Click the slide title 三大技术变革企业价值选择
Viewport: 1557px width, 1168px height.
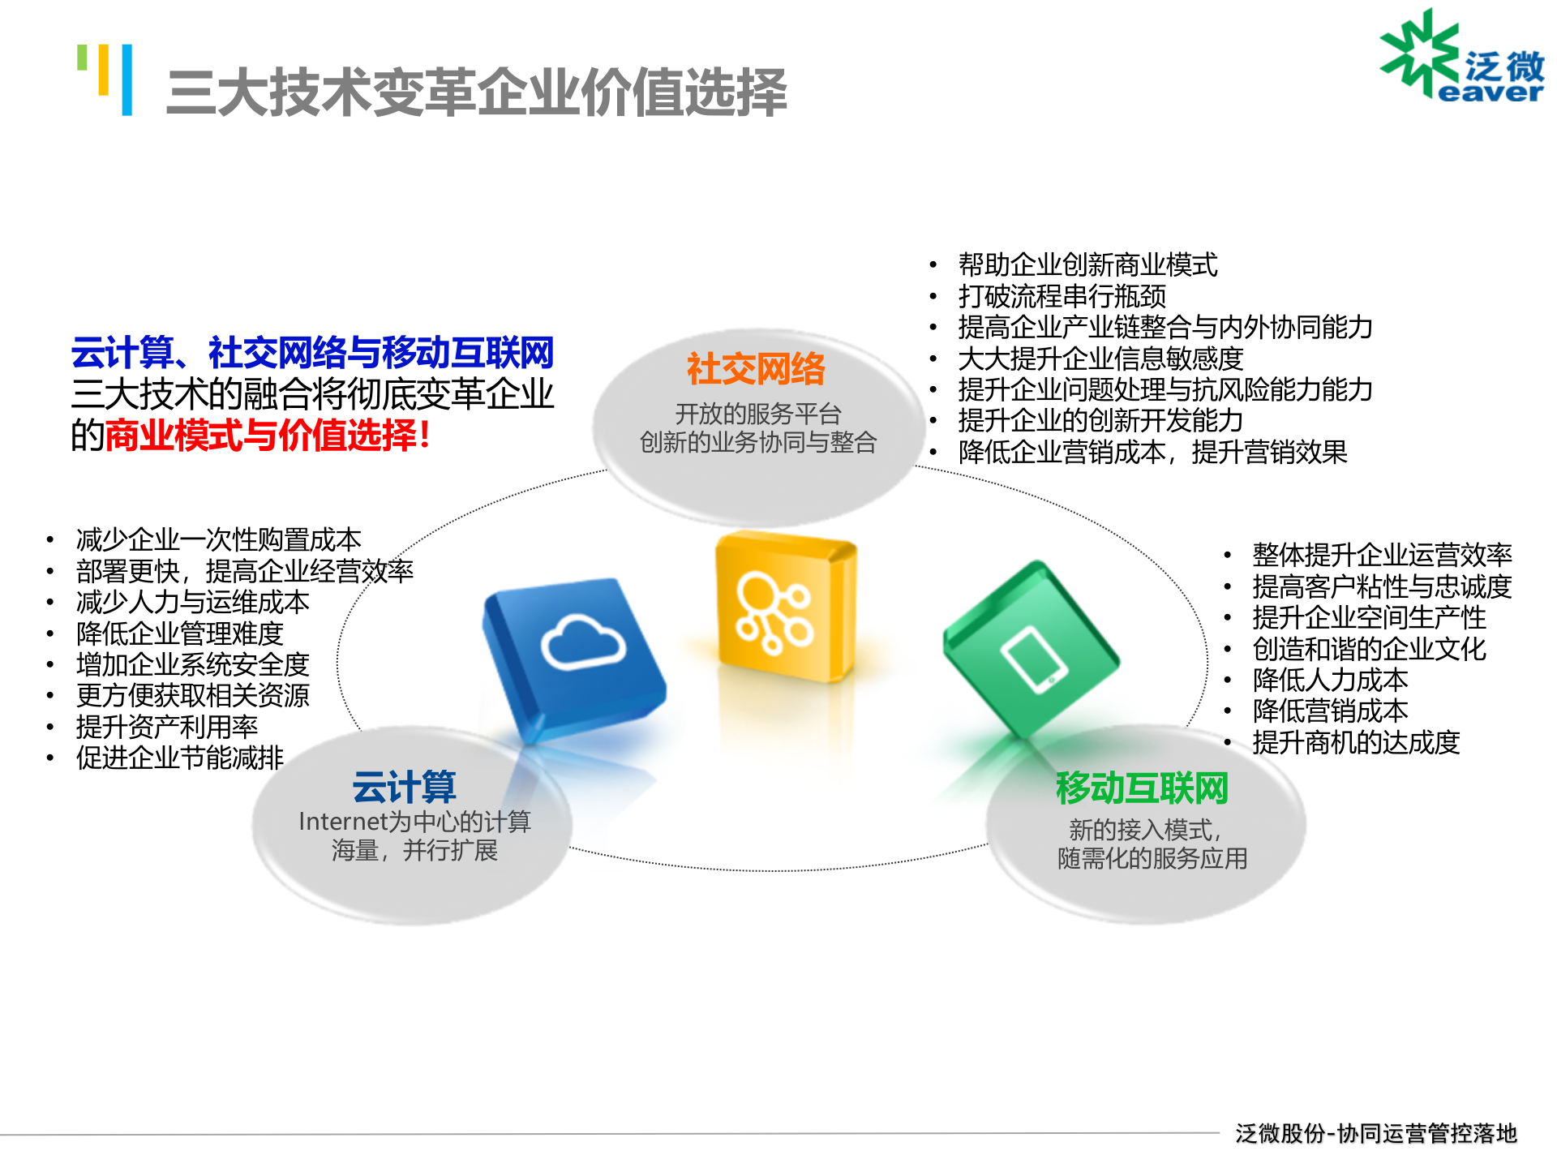point(476,92)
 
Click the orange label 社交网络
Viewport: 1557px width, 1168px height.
point(756,369)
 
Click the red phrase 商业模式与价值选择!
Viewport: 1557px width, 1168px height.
point(268,436)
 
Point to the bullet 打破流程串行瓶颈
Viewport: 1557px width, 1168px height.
point(1062,296)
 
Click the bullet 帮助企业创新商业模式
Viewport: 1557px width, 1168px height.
point(1087,264)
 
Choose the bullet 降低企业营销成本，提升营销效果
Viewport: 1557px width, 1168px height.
point(1152,452)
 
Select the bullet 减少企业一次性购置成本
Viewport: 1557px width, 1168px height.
point(218,539)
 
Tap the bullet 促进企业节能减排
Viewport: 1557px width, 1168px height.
point(180,758)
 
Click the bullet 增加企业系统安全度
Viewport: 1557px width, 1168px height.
point(193,664)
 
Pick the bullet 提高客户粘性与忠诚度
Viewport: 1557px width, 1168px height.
point(1382,586)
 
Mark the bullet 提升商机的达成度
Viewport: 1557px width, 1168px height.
point(1356,742)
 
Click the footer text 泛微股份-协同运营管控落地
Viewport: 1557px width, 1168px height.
point(1375,1133)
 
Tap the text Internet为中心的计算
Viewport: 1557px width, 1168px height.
point(414,822)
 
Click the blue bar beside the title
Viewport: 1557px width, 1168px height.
point(127,79)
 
